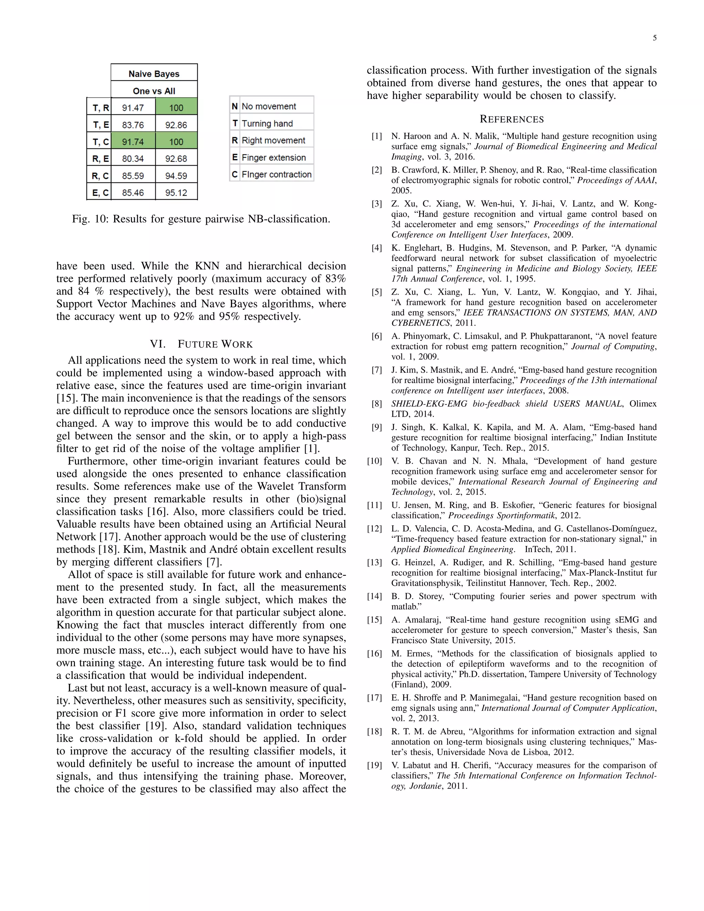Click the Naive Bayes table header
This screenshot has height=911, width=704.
click(154, 74)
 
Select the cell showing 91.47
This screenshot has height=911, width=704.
click(133, 108)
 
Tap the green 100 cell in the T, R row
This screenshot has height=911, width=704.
click(176, 108)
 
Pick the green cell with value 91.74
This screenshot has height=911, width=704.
click(133, 142)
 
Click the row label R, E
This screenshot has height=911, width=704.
click(100, 159)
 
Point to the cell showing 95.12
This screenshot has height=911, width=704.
click(176, 193)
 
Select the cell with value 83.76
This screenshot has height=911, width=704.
click(133, 125)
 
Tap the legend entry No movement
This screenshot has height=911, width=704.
click(269, 106)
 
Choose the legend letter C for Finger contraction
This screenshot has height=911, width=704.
click(235, 174)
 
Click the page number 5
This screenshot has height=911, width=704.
click(654, 38)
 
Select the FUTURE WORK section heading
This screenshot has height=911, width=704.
click(215, 344)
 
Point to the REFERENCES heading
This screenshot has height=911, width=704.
click(512, 119)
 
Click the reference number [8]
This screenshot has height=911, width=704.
click(377, 404)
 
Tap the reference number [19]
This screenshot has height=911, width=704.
click(375, 766)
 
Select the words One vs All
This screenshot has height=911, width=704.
click(154, 91)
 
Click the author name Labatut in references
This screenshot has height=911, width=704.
click(417, 766)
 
